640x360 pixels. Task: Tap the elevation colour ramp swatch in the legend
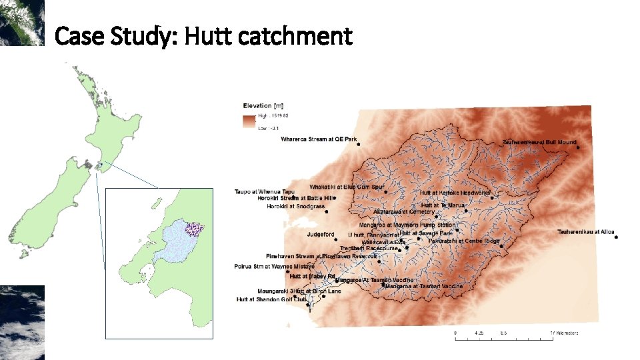[x=249, y=121]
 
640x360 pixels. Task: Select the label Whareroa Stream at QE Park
[x=319, y=139]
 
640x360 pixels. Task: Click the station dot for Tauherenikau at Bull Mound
[x=576, y=143]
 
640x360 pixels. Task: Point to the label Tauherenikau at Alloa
[x=586, y=231]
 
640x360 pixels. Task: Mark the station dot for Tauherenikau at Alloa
[x=616, y=236]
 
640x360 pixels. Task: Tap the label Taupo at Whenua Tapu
[x=264, y=191]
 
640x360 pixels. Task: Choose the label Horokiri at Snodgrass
[x=295, y=207]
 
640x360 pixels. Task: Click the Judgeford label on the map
[x=321, y=235]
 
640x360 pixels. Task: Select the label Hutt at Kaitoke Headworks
[x=455, y=192]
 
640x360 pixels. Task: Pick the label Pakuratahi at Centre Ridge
[x=464, y=241]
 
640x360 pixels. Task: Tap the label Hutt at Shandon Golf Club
[x=271, y=300]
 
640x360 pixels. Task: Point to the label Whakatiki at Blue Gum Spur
[x=347, y=187]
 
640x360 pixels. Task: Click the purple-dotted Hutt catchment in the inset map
[x=195, y=228]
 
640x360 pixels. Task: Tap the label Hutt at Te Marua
[x=443, y=205]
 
